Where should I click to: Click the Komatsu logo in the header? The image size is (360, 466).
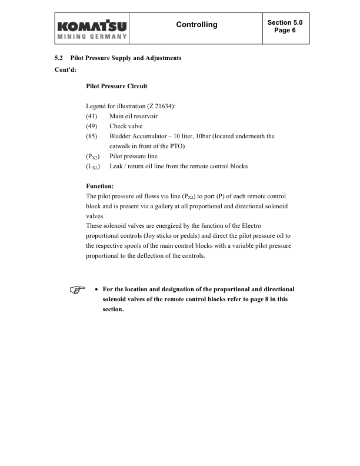93,29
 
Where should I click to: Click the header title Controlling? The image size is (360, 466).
196,25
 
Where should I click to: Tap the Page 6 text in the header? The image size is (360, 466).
285,30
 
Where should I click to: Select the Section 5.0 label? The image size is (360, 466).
285,22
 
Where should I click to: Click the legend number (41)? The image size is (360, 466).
92,116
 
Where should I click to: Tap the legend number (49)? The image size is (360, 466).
92,126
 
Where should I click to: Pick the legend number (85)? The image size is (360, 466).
92,136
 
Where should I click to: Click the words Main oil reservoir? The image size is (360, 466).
133,116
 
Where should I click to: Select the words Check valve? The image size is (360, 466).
126,126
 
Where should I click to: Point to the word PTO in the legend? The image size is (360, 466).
176,146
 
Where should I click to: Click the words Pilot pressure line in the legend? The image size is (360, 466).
133,156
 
